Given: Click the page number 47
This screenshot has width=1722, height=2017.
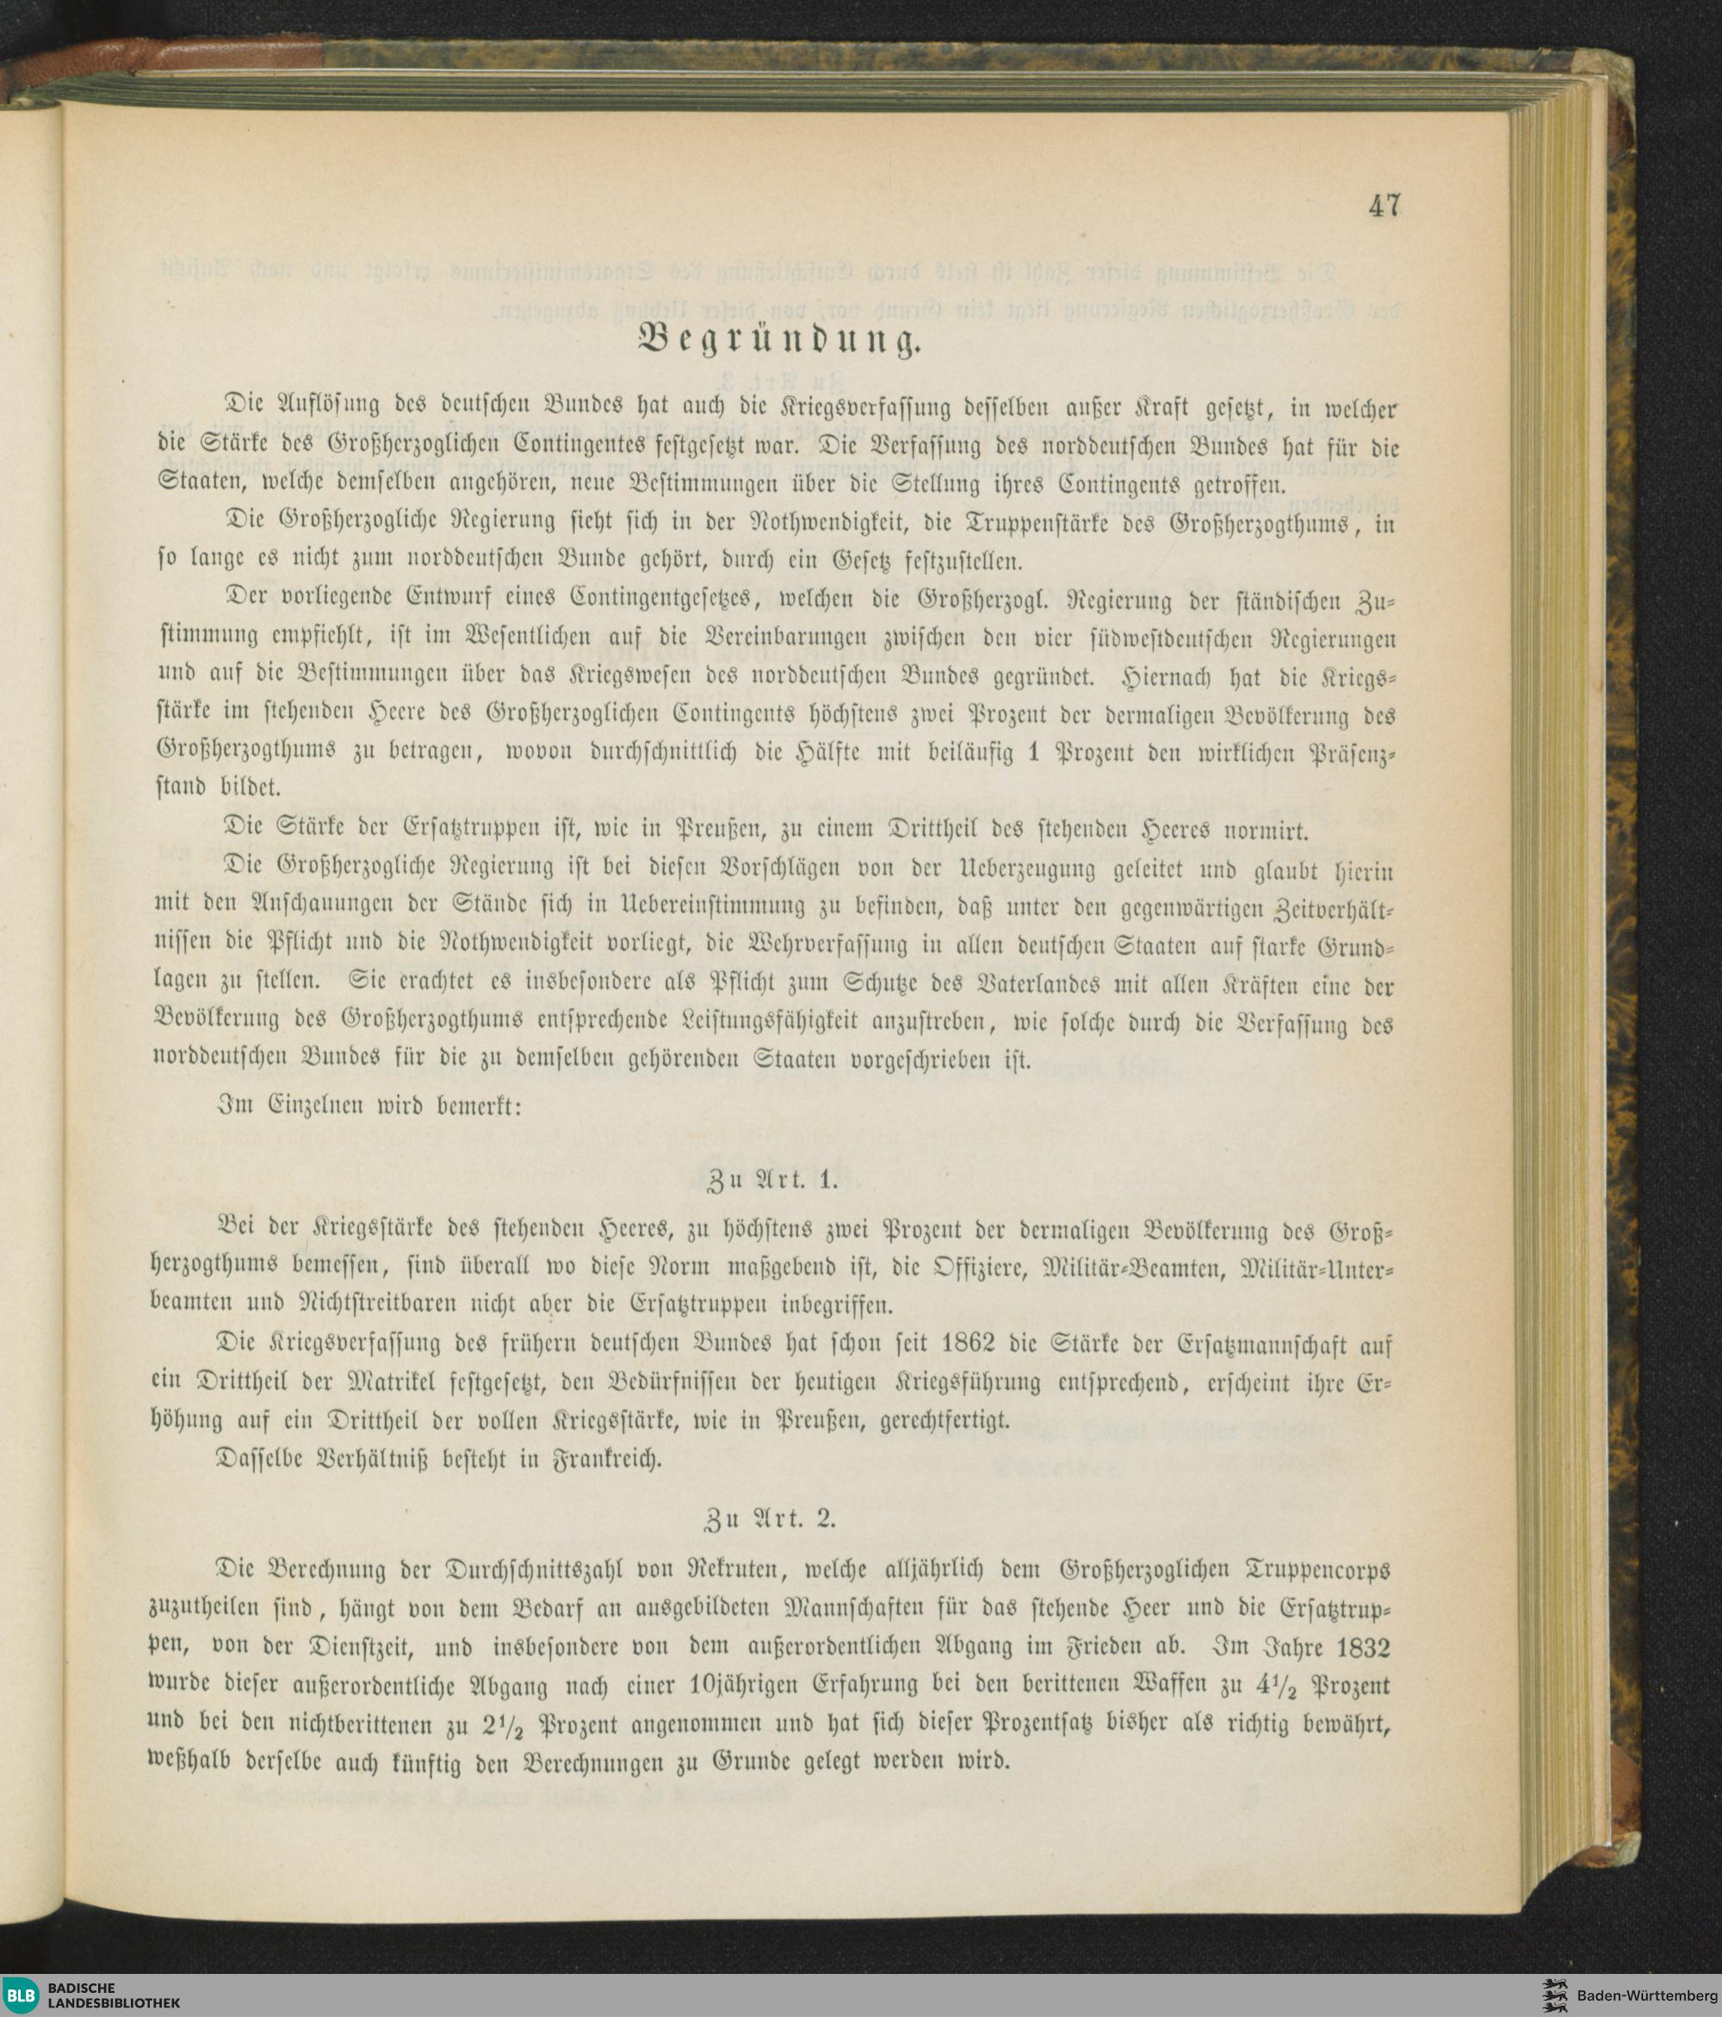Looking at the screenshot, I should click(1384, 207).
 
